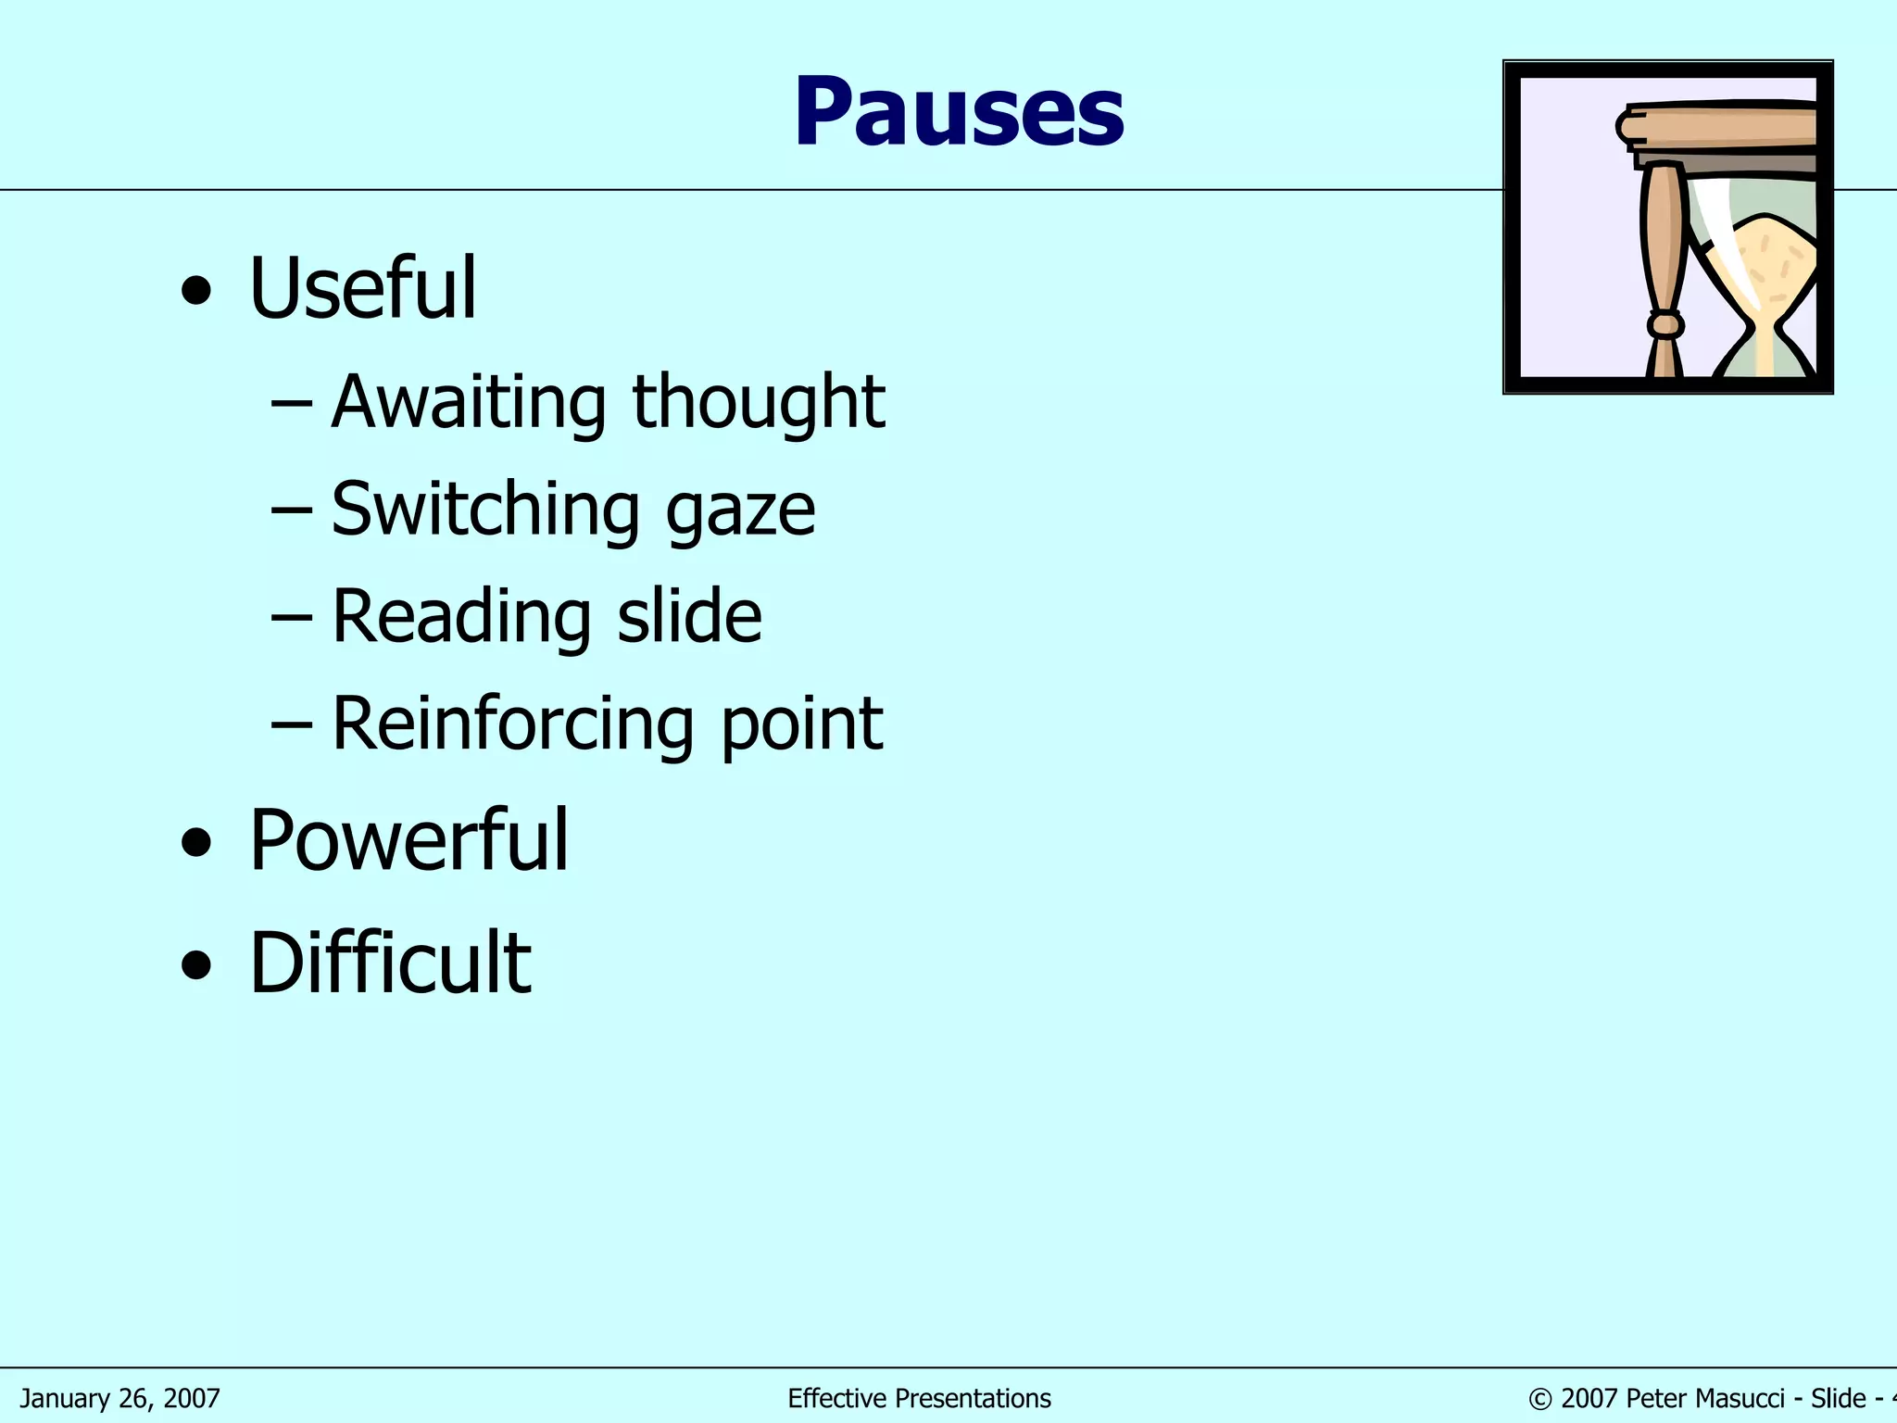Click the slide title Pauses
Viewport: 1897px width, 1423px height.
(959, 113)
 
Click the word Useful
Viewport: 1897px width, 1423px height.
(362, 289)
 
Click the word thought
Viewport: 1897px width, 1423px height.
(759, 402)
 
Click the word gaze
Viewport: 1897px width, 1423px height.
(740, 512)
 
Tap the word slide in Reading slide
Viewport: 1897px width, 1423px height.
(689, 616)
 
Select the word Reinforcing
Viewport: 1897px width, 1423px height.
(512, 724)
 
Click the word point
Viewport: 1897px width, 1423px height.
(801, 725)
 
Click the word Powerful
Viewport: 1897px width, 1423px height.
(408, 840)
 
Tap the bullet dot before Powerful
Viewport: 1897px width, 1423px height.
(196, 844)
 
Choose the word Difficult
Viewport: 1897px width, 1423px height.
(390, 963)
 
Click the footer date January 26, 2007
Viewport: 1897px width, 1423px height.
(120, 1398)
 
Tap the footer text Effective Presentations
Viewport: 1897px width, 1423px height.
(919, 1398)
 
